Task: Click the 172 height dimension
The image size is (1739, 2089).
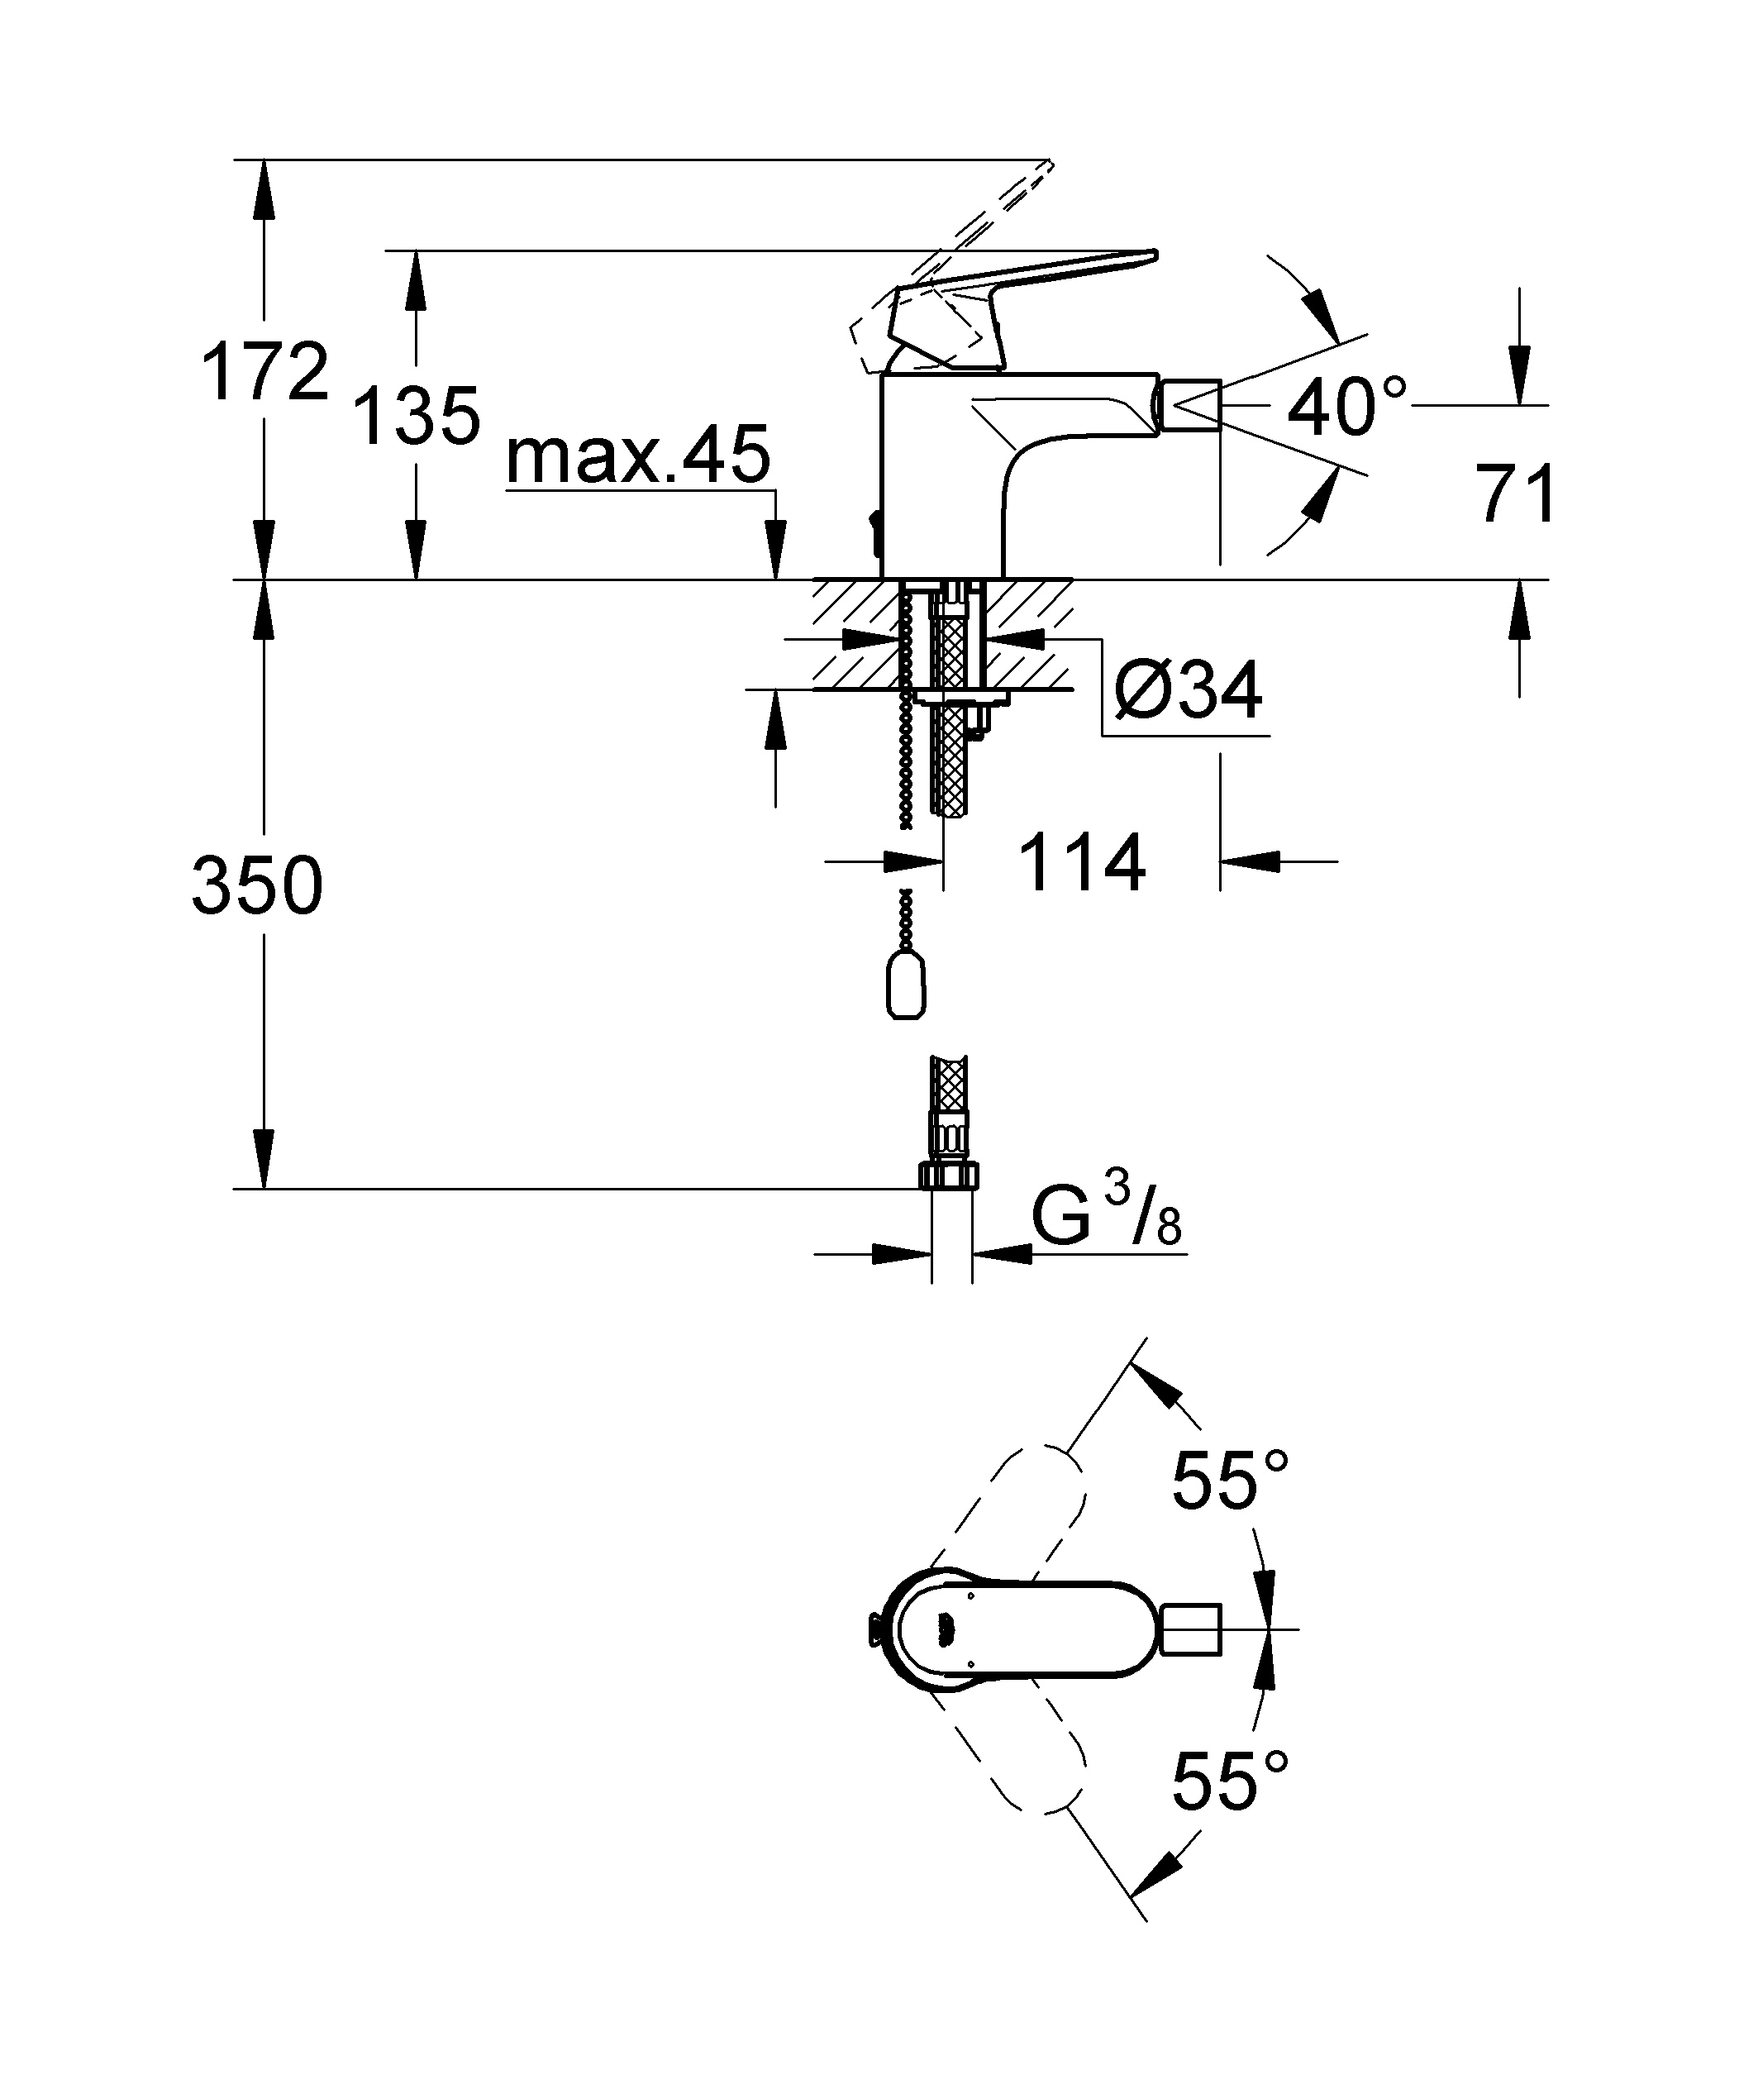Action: click(x=264, y=373)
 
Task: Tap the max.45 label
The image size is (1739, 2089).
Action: click(x=638, y=455)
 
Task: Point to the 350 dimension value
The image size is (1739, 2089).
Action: click(x=258, y=885)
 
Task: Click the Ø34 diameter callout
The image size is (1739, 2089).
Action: click(x=1188, y=689)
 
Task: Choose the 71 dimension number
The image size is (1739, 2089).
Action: click(x=1515, y=494)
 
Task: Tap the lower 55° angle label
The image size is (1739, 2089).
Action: click(x=1231, y=1780)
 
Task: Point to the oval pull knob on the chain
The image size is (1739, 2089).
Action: click(x=905, y=980)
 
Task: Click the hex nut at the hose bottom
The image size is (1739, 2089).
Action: click(x=949, y=1174)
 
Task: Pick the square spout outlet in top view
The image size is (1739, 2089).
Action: click(x=1191, y=1629)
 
